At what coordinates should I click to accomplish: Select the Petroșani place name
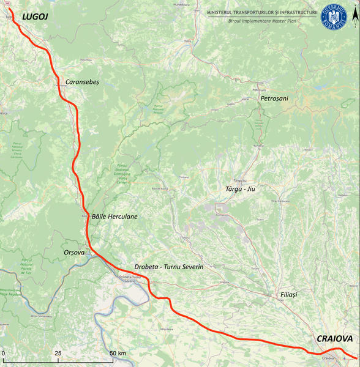click(274, 98)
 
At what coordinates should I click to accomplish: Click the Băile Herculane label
click(114, 217)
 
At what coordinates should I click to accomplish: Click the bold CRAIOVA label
click(334, 338)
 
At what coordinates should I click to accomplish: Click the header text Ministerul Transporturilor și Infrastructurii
click(263, 12)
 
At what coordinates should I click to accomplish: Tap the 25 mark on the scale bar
click(58, 354)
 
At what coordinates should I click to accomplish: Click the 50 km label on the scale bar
click(118, 354)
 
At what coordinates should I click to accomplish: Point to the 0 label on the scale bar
click(3, 354)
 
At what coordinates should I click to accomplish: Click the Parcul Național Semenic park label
click(17, 150)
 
